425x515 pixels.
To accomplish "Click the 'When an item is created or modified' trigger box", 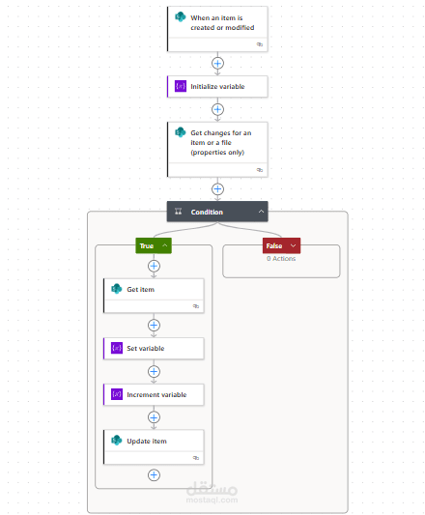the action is (x=217, y=29).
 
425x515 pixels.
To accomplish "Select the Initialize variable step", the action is (x=217, y=87).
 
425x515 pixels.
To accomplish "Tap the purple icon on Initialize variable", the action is (x=181, y=86).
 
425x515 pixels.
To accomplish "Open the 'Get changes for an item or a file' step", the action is (x=217, y=150).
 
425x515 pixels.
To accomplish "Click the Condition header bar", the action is (x=217, y=212).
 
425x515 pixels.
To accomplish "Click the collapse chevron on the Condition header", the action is (x=261, y=212).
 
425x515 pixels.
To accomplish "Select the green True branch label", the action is (x=154, y=245).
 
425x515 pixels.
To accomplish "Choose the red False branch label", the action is (x=281, y=245).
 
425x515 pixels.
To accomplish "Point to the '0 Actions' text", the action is (x=281, y=259).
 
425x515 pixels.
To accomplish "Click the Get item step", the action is (x=154, y=296).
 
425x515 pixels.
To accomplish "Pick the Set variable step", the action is (x=154, y=348).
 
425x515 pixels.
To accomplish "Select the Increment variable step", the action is (x=154, y=394).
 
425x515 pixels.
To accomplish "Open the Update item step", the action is (x=154, y=447).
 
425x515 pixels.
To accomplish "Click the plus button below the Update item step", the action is (x=154, y=475).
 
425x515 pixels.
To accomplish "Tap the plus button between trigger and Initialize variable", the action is (x=217, y=63).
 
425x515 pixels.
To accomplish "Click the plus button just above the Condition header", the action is (x=217, y=189).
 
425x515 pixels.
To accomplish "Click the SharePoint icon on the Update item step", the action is (x=116, y=440).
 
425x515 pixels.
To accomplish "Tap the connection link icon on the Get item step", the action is (x=196, y=306).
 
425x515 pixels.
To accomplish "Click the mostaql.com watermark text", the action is (x=212, y=500).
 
